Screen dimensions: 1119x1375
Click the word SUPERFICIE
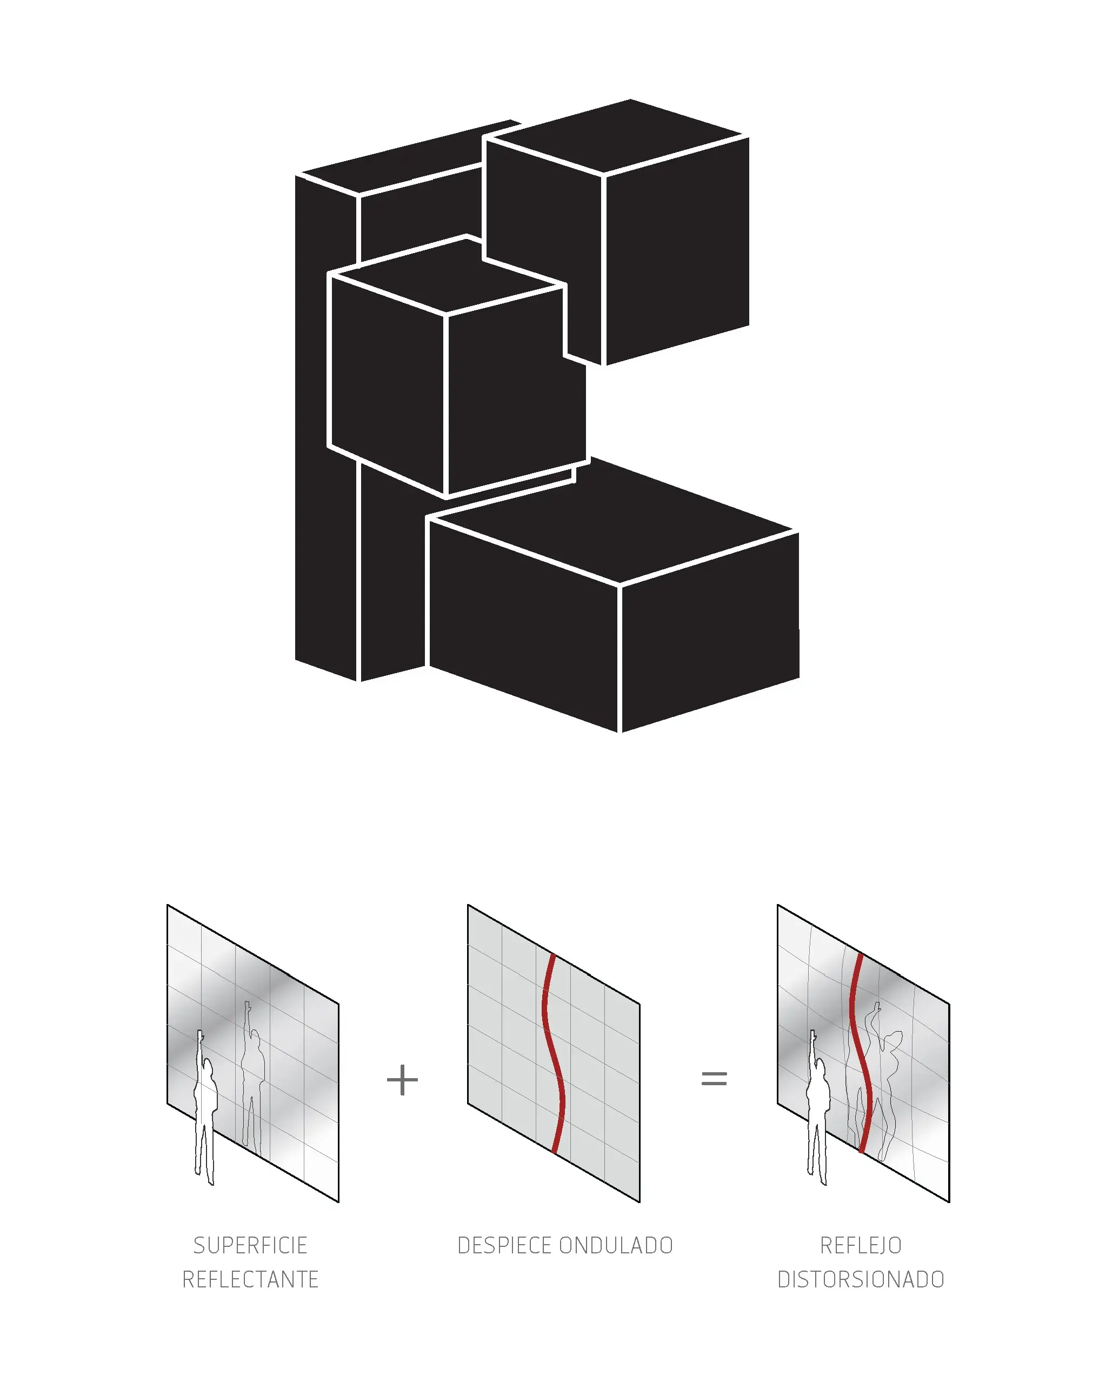[x=250, y=1245]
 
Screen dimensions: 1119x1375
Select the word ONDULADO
[x=616, y=1245]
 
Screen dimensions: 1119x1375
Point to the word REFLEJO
[x=861, y=1245]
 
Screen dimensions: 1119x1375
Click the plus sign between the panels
[x=402, y=1080]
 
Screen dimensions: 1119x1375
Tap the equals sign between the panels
[x=714, y=1079]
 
